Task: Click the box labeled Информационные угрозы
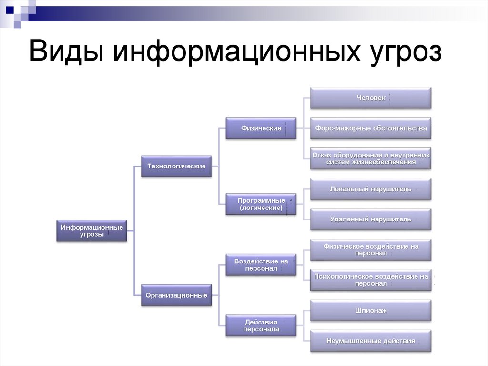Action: (x=92, y=230)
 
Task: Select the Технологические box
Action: (x=176, y=166)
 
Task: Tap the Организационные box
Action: (x=176, y=295)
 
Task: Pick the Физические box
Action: (x=261, y=128)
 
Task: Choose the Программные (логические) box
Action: (x=261, y=204)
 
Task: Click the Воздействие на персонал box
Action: (x=261, y=265)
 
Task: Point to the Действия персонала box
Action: (x=261, y=325)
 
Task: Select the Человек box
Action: (x=371, y=98)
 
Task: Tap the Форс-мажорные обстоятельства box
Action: (x=371, y=128)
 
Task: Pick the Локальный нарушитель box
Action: (x=371, y=189)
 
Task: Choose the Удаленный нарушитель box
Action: (x=371, y=219)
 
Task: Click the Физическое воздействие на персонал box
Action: (x=371, y=250)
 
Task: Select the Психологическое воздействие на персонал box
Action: (x=371, y=280)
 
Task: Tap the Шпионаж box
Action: (x=371, y=310)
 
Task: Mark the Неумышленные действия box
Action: (x=371, y=341)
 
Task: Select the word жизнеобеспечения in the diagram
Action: (x=384, y=162)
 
